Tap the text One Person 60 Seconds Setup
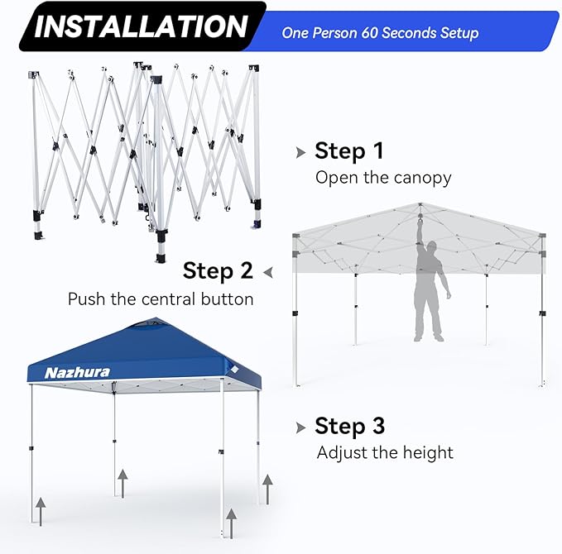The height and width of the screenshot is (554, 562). pos(380,33)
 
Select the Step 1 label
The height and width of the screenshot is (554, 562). pos(349,151)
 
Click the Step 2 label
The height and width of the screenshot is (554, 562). pos(218,270)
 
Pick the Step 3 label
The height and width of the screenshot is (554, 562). pos(349,427)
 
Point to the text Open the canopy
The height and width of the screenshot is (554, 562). pos(383,178)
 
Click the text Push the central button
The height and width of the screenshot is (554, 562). pos(161,298)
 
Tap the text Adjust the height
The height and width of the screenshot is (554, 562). pos(385,452)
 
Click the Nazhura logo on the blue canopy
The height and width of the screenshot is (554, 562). pos(77,372)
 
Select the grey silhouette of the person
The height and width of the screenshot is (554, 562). pos(430,289)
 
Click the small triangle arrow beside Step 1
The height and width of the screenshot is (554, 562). pos(300,152)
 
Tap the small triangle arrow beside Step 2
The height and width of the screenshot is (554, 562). pos(268,271)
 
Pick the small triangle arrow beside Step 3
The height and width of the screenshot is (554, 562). pos(300,427)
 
